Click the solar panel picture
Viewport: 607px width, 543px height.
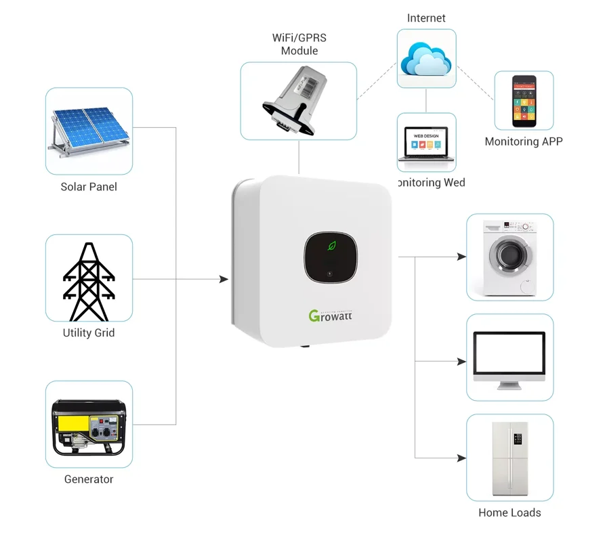89,130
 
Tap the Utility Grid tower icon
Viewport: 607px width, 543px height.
89,281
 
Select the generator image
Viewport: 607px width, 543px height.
89,427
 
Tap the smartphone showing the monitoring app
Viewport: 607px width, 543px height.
524,101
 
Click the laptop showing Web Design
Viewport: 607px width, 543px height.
426,144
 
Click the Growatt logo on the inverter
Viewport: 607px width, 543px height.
331,315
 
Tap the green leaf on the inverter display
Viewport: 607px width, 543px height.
331,245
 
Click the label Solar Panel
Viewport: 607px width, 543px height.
89,187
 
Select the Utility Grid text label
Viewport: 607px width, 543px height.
89,333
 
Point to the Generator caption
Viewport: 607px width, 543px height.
89,479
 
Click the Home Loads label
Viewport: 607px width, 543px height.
509,513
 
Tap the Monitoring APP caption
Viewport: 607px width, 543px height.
524,142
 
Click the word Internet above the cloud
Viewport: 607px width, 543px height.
426,18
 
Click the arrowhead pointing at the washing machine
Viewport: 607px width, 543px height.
462,257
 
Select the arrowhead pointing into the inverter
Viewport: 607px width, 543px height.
224,279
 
